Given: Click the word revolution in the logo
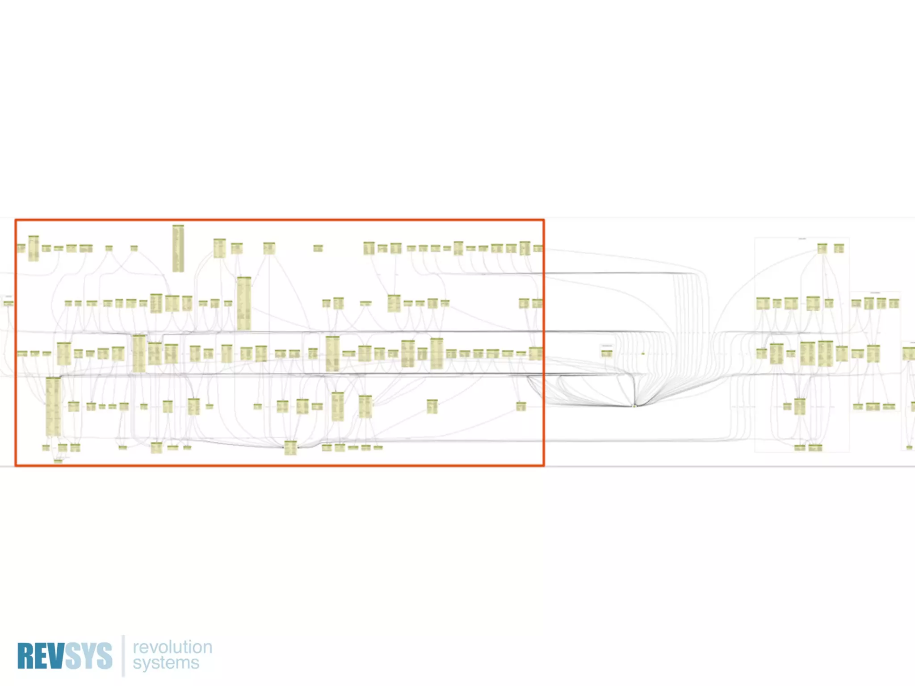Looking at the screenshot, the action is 172,647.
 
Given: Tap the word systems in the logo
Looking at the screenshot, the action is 166,663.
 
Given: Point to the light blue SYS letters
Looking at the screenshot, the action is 88,656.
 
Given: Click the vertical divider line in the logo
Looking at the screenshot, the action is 123,656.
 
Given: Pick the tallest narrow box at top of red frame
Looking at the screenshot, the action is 178,248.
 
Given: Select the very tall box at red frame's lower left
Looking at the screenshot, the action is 53,406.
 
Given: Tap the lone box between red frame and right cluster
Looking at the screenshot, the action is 606,353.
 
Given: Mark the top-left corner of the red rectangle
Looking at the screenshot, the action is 16,220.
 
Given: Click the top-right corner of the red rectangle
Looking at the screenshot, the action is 544,220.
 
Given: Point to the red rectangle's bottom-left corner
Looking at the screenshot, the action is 16,465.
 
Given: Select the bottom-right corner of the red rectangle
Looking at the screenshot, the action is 544,465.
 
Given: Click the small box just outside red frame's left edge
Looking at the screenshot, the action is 8,303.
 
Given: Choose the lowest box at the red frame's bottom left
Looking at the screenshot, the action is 58,460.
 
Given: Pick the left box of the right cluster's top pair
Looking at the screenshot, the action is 822,248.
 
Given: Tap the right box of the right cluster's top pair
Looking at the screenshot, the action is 839,248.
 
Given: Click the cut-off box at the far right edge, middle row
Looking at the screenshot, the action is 909,354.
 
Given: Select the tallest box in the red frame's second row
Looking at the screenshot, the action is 244,303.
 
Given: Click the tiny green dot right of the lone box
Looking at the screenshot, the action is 643,354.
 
